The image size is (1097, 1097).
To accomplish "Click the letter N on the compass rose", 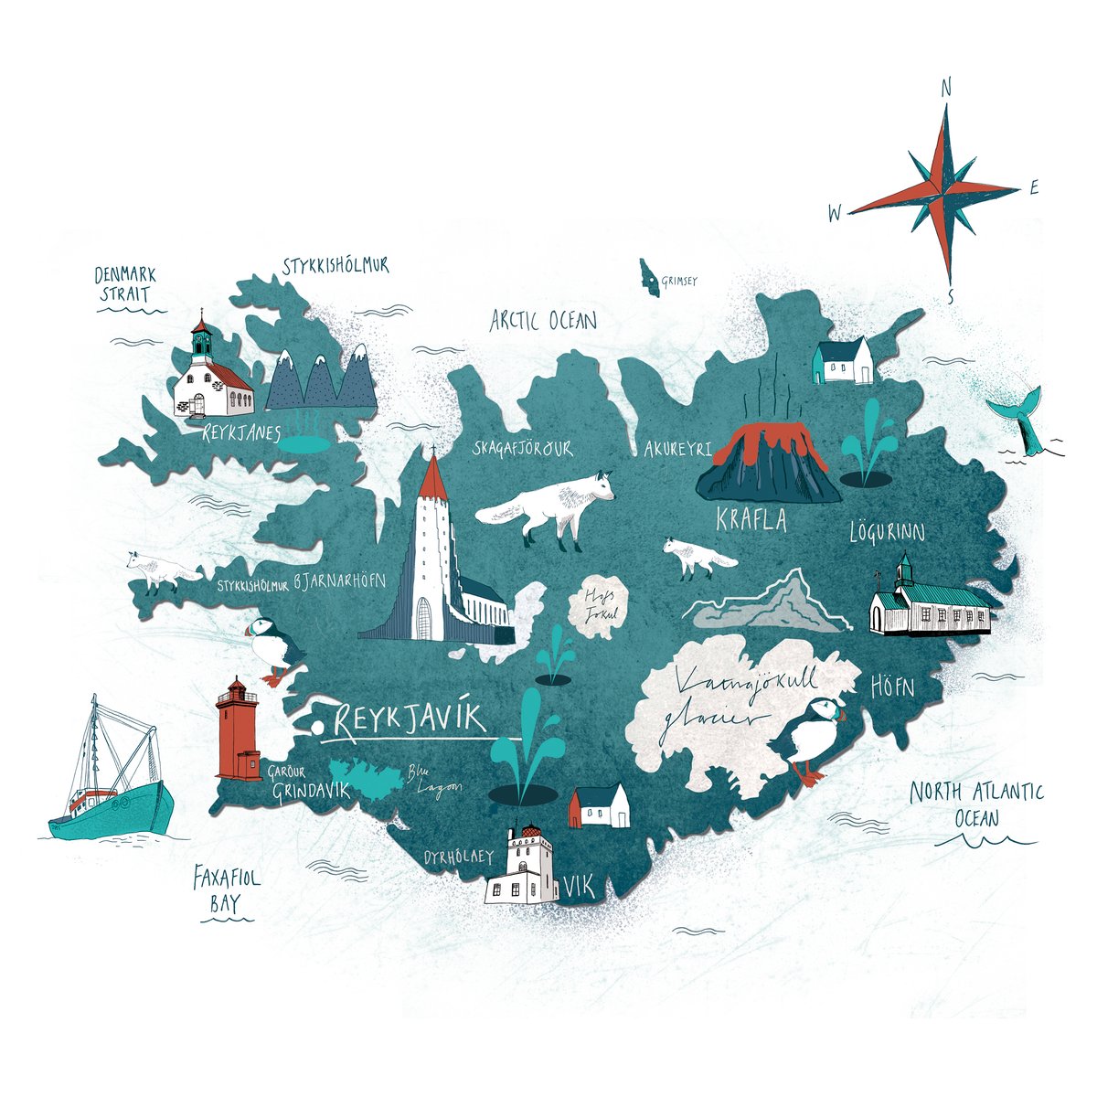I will [x=947, y=89].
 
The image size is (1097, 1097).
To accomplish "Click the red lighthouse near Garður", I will [x=237, y=731].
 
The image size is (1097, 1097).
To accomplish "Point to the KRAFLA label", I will [x=751, y=520].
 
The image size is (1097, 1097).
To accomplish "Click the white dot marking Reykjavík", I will [x=316, y=728].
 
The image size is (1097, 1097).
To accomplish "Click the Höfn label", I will [x=891, y=685].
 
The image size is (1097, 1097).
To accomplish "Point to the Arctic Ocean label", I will [x=543, y=320].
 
